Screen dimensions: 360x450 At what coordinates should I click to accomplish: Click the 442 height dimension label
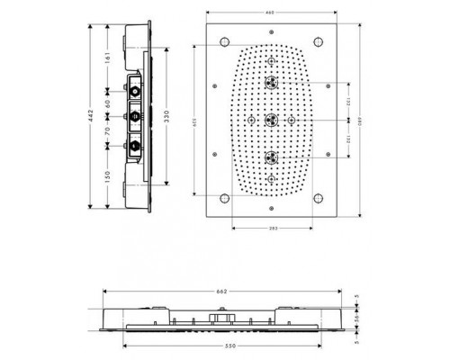[93, 119]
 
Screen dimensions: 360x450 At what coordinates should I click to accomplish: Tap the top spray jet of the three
[269, 82]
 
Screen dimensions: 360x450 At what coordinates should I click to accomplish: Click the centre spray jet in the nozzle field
[269, 119]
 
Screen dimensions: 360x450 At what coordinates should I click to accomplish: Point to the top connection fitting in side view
[133, 90]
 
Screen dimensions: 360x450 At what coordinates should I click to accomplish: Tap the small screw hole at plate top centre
[269, 38]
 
